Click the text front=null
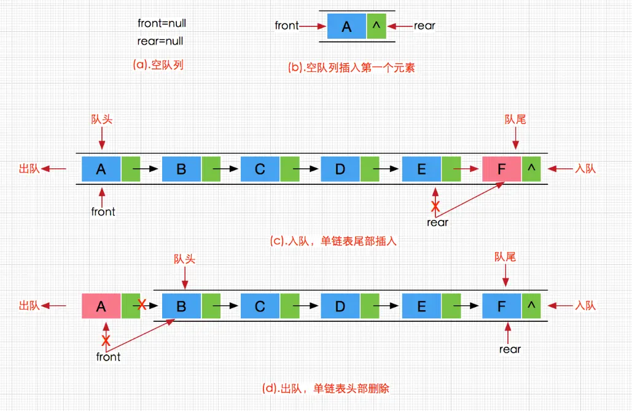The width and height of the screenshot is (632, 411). pyautogui.click(x=162, y=23)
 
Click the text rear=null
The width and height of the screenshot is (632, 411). pyautogui.click(x=160, y=42)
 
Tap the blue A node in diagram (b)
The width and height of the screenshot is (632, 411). pyautogui.click(x=346, y=26)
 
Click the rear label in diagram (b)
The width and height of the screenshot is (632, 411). pyautogui.click(x=424, y=26)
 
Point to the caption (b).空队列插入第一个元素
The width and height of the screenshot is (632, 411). pyautogui.click(x=351, y=68)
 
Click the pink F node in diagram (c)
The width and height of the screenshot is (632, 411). pyautogui.click(x=501, y=169)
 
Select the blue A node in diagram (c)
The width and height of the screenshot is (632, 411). pyautogui.click(x=101, y=169)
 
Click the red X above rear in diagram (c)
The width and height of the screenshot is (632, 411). pyautogui.click(x=435, y=205)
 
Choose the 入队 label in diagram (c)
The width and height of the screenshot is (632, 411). pyautogui.click(x=584, y=169)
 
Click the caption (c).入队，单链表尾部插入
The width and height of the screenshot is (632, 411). pyautogui.click(x=334, y=241)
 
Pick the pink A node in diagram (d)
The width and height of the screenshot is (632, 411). pyautogui.click(x=101, y=306)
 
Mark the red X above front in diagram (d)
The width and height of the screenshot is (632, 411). pyautogui.click(x=106, y=340)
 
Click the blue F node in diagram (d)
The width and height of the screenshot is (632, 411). pyautogui.click(x=501, y=306)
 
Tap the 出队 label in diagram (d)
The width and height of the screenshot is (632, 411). pyautogui.click(x=29, y=306)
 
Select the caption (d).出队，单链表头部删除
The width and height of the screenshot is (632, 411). pyautogui.click(x=326, y=388)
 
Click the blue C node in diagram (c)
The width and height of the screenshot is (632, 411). pyautogui.click(x=260, y=169)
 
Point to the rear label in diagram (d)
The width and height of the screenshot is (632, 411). pyautogui.click(x=510, y=350)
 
